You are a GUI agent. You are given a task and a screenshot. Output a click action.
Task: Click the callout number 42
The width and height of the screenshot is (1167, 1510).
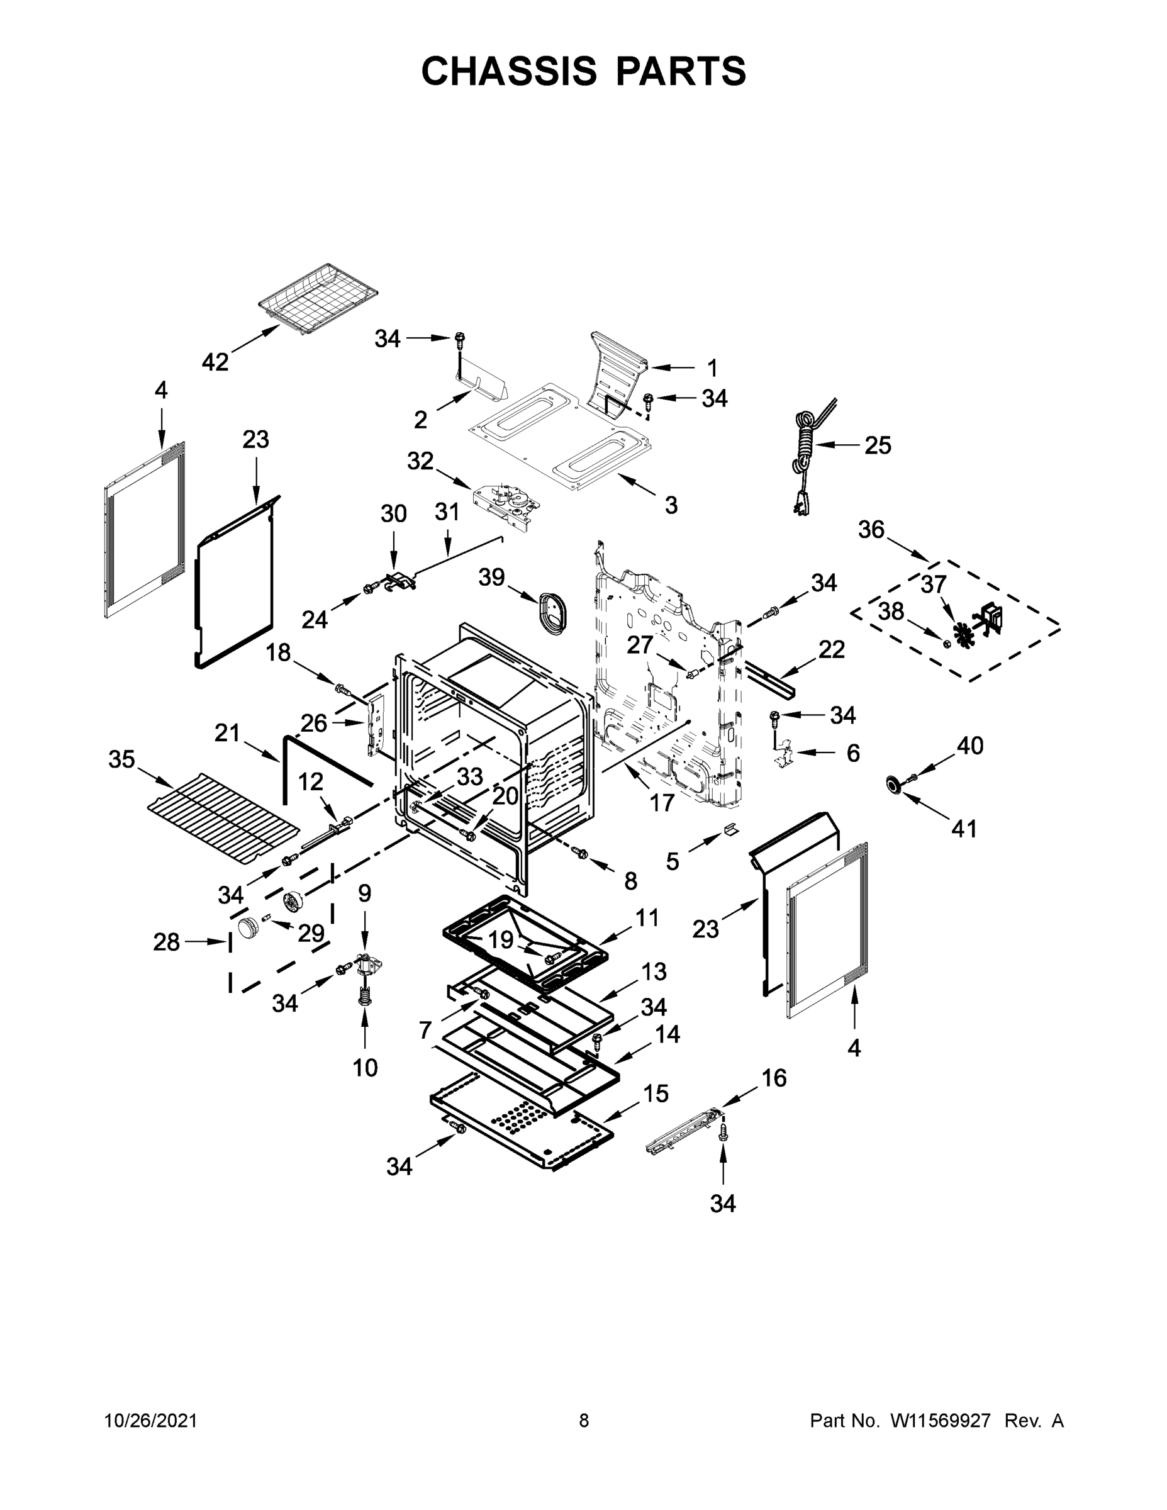215,361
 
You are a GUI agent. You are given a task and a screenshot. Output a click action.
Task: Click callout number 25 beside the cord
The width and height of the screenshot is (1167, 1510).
878,445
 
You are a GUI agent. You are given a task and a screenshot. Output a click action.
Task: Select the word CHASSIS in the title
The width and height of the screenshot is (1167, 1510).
509,70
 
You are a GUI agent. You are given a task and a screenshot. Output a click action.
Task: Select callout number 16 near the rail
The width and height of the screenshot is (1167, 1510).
774,1077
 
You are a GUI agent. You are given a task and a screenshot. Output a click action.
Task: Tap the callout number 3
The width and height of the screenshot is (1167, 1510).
671,505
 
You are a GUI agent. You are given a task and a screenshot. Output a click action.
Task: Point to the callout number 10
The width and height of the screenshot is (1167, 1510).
365,1068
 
